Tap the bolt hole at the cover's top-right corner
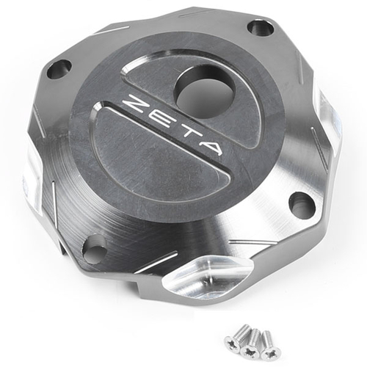261,28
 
